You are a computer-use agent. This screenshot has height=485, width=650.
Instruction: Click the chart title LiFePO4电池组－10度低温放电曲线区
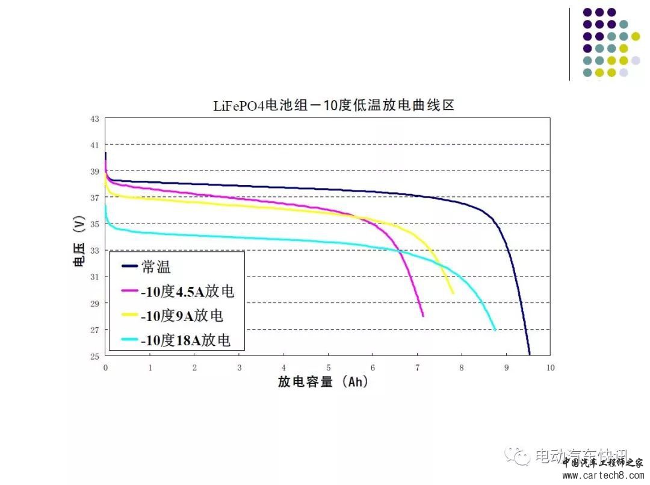pyautogui.click(x=333, y=106)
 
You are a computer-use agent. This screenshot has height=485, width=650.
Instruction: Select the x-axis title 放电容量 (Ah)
pyautogui.click(x=323, y=382)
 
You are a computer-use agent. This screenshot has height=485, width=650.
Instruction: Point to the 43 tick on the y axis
pyautogui.click(x=94, y=119)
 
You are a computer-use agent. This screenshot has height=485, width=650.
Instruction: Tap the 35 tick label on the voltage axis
pyautogui.click(x=94, y=224)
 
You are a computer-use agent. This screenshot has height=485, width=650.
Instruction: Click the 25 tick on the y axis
pyautogui.click(x=94, y=356)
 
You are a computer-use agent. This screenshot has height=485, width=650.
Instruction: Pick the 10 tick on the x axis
pyautogui.click(x=550, y=367)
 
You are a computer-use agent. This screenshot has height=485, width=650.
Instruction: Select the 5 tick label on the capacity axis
pyautogui.click(x=328, y=367)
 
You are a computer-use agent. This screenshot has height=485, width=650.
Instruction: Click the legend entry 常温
pyautogui.click(x=158, y=266)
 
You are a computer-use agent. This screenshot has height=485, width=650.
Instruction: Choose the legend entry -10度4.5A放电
pyautogui.click(x=187, y=291)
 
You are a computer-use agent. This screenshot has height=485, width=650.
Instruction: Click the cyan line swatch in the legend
pyautogui.click(x=130, y=340)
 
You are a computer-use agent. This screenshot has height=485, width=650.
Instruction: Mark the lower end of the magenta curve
pyautogui.click(x=423, y=316)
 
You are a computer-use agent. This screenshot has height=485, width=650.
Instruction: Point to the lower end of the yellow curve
pyautogui.click(x=453, y=293)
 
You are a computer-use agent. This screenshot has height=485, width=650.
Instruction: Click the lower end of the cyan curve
pyautogui.click(x=495, y=330)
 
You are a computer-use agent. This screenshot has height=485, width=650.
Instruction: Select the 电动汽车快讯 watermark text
pyautogui.click(x=581, y=457)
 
